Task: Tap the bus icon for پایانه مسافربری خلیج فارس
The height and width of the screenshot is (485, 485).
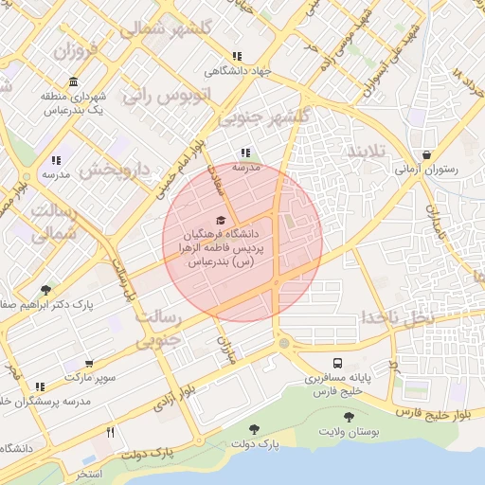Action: tap(337, 363)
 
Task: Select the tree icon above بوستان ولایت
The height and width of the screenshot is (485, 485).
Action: tap(350, 416)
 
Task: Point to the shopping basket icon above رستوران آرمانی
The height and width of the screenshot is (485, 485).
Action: tap(427, 154)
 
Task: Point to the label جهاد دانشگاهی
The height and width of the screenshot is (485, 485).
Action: tap(240, 71)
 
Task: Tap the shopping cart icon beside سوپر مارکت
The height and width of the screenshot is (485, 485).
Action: tap(89, 363)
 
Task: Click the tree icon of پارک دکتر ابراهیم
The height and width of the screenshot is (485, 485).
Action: tap(46, 291)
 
